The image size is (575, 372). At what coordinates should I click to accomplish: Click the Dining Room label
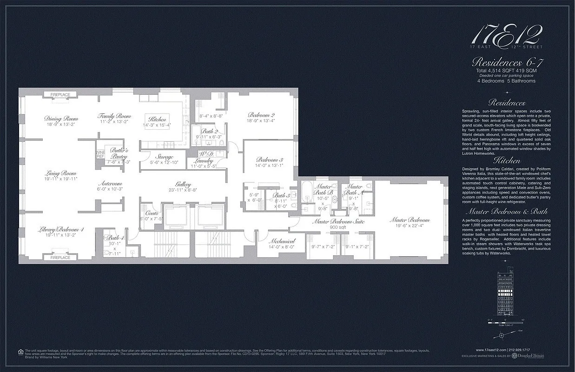coord(61,119)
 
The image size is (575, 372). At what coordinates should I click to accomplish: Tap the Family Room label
coord(114,116)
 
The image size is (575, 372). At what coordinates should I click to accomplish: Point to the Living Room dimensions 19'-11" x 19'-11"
coord(60,179)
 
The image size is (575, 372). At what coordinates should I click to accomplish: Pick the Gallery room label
coord(183,184)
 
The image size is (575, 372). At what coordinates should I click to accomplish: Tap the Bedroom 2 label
coord(261,115)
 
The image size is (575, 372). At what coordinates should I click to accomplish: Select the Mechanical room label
coord(282,241)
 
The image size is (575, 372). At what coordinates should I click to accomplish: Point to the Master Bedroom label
coord(410,220)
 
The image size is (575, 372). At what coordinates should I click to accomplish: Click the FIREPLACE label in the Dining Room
coord(60,95)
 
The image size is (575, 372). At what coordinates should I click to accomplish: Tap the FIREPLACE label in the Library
coord(60,257)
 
